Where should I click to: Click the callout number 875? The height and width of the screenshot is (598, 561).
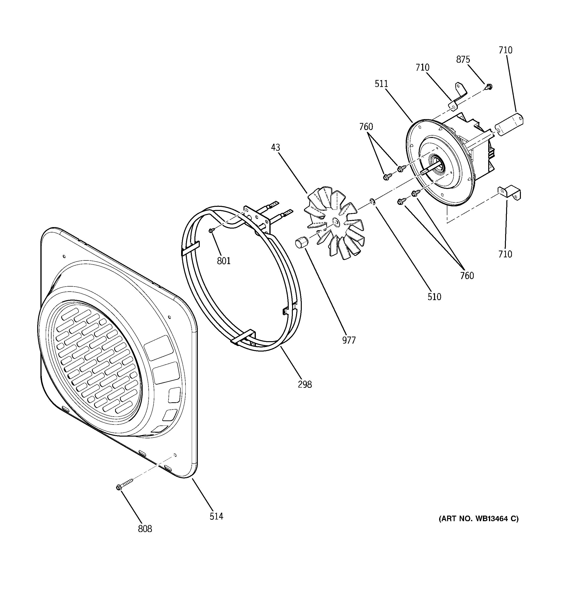click(x=463, y=60)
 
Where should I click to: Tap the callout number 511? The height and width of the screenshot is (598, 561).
click(x=381, y=84)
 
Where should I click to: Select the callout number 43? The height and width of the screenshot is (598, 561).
click(x=275, y=147)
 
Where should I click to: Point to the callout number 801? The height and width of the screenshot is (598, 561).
click(x=224, y=261)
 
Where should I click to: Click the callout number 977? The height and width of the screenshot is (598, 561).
click(x=349, y=340)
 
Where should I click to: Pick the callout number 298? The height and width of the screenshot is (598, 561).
click(x=305, y=384)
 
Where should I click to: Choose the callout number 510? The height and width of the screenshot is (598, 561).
click(x=434, y=297)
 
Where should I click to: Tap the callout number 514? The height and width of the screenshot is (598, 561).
click(x=216, y=517)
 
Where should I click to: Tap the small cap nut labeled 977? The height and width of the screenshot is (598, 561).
click(x=301, y=242)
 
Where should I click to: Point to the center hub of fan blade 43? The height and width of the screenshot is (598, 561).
click(x=336, y=222)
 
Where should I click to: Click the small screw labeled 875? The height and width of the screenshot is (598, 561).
click(x=489, y=87)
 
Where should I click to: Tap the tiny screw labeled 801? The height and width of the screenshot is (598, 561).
click(x=211, y=230)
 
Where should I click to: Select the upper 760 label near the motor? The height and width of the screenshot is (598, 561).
click(x=366, y=127)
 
